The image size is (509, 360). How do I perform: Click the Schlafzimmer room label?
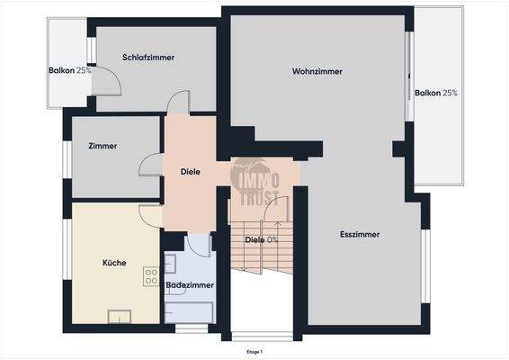pos(148,57)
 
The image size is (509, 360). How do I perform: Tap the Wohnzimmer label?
pos(315,71)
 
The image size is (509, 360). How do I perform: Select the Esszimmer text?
pos(360,234)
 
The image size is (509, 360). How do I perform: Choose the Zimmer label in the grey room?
pos(103,146)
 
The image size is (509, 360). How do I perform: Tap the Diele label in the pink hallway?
pos(190,171)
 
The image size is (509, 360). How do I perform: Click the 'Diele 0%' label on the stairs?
pos(262,239)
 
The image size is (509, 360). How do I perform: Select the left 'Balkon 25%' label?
pos(70,70)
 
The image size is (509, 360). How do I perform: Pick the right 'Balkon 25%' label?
pos(437,93)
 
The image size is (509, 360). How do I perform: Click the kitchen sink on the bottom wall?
pos(118,315)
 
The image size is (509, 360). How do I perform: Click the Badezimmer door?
pos(198,243)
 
